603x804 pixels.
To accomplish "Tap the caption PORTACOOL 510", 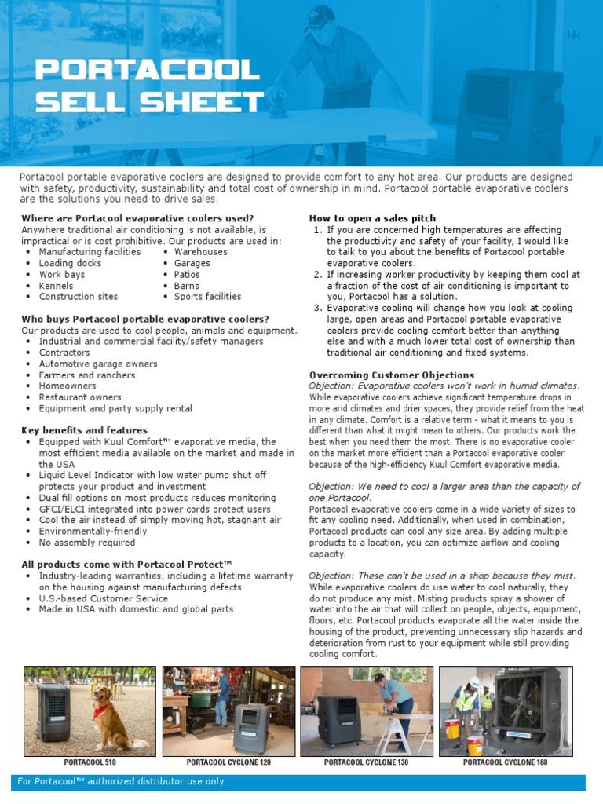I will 90,762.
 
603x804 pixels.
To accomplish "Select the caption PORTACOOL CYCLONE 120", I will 228,762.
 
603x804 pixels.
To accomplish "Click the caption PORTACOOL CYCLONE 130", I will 367,762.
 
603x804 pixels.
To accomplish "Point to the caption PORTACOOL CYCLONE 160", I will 506,762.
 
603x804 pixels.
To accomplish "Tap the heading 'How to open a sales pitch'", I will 372,218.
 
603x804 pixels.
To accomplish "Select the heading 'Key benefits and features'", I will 84,430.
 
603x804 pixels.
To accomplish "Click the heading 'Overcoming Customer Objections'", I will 381,375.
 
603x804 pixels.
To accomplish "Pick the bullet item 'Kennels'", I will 57,286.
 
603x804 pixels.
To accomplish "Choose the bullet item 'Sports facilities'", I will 207,297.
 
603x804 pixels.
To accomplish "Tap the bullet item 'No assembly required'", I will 87,542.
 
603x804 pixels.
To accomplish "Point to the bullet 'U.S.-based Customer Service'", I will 104,598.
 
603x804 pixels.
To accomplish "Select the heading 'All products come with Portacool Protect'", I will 126,564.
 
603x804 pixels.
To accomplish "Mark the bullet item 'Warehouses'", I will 200,252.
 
